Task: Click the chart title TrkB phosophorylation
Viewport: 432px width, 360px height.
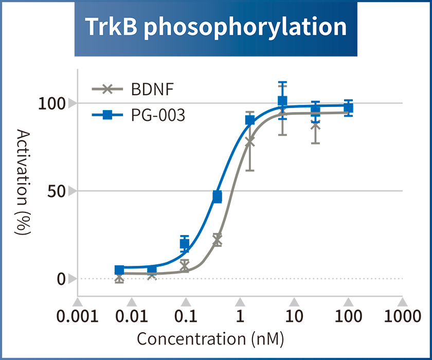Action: [x=215, y=27]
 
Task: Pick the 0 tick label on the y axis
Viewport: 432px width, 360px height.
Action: [x=61, y=279]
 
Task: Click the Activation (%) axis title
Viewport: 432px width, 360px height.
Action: [x=23, y=183]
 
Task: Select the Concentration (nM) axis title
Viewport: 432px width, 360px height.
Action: [x=210, y=339]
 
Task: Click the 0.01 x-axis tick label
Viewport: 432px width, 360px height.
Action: [x=131, y=316]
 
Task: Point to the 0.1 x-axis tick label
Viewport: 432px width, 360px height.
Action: [x=186, y=316]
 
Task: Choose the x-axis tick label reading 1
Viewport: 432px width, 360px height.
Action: [x=240, y=316]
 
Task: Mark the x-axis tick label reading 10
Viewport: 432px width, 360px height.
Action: [x=294, y=316]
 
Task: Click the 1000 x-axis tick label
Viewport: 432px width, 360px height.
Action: [x=402, y=316]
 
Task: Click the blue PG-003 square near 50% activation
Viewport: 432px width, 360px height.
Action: [x=217, y=197]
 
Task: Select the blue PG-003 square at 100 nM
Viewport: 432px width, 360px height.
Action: [x=348, y=108]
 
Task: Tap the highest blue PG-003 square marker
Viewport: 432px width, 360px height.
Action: [x=282, y=101]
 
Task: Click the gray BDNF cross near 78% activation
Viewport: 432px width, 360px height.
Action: [x=250, y=141]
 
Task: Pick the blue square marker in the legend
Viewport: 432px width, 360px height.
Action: [x=107, y=115]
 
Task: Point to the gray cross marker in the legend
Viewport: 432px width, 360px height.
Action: [x=107, y=89]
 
